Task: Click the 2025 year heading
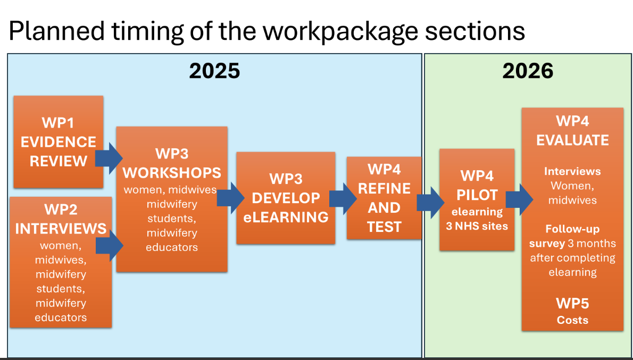[214, 71]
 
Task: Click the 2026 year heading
[528, 71]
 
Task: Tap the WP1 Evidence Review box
[58, 141]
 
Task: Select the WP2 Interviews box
[60, 262]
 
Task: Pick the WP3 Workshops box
[172, 199]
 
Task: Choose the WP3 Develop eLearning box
[286, 198]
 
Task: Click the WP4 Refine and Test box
[384, 198]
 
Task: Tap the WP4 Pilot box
[477, 199]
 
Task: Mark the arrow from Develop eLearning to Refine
[343, 199]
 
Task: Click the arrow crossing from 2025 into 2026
[430, 202]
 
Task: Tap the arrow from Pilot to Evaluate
[519, 199]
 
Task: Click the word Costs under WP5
[572, 320]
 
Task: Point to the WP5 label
[572, 304]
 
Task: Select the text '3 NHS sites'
[477, 226]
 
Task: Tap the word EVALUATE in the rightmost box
[572, 140]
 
